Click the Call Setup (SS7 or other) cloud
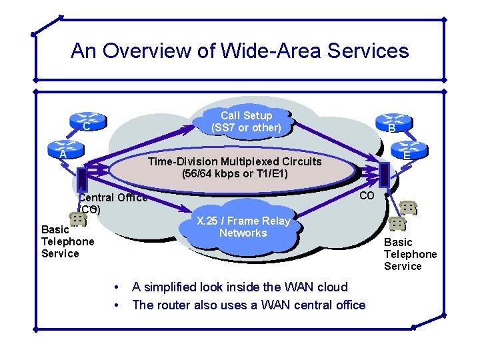coord(246,121)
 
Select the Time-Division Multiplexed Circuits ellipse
coord(234,168)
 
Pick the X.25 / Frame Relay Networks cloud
coord(243,227)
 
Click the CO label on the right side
coord(367,195)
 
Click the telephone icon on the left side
coord(77,219)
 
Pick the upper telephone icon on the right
coord(408,208)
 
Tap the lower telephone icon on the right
coord(397,223)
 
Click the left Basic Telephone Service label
coord(67,241)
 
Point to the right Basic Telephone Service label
coord(410,254)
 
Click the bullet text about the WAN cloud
coord(239,287)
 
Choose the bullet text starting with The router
coord(249,305)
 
